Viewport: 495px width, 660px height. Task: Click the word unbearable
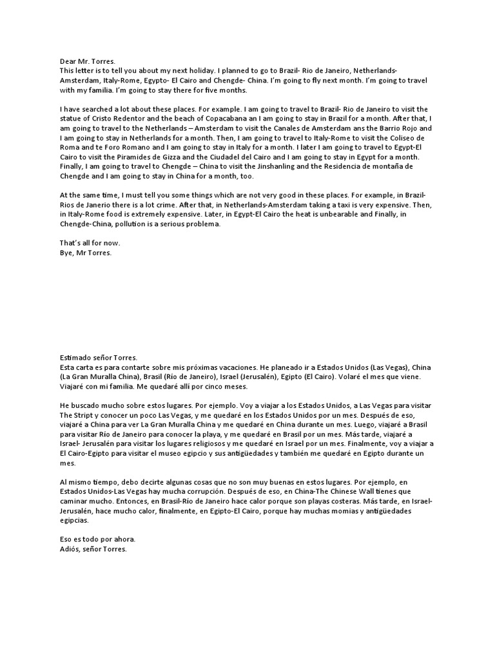pos(307,215)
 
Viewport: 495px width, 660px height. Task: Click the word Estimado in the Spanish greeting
pos(77,357)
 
